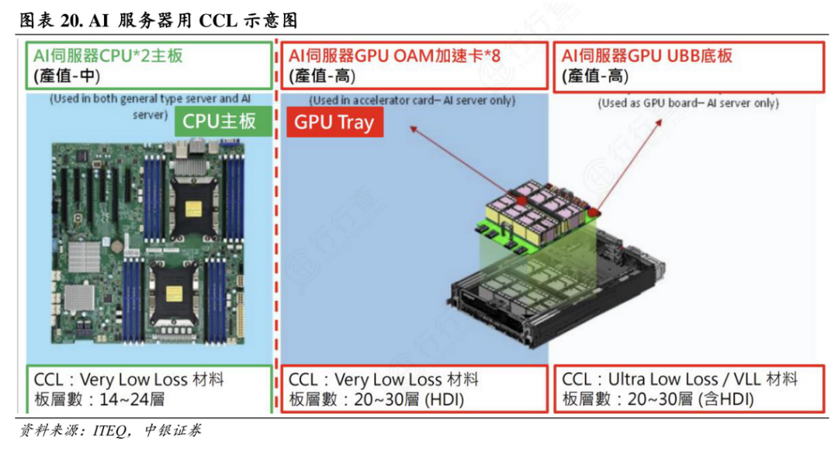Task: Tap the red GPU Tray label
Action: (x=334, y=122)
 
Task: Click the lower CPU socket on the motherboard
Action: (x=175, y=292)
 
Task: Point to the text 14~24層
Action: (x=132, y=399)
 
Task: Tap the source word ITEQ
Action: (x=109, y=430)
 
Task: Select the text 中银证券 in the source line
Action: (x=172, y=430)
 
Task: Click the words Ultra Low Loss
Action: (x=663, y=379)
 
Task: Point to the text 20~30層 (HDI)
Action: (x=408, y=399)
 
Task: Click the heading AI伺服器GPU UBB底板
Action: (x=646, y=56)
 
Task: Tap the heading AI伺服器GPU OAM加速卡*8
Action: (x=394, y=56)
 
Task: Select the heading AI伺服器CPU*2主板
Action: (x=108, y=56)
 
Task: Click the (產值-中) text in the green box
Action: (x=67, y=76)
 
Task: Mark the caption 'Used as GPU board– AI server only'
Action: (x=687, y=103)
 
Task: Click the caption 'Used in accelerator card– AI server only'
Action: (x=412, y=100)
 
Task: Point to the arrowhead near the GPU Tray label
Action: (x=413, y=129)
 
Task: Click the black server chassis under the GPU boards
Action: (x=556, y=289)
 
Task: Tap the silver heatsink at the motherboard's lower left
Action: (x=80, y=299)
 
